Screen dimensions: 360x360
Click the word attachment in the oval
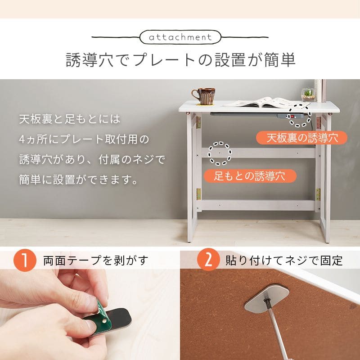pyautogui.click(x=180, y=37)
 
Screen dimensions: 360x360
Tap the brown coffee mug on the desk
pyautogui.click(x=203, y=96)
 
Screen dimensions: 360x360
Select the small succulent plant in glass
pyautogui.click(x=308, y=94)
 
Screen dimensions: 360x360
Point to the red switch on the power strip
pyautogui.click(x=292, y=117)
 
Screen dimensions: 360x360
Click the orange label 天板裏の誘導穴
pyautogui.click(x=301, y=138)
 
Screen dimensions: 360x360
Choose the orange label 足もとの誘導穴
pyautogui.click(x=250, y=176)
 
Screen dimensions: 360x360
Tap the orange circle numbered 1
pyautogui.click(x=25, y=260)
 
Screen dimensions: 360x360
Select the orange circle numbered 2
pyautogui.click(x=208, y=260)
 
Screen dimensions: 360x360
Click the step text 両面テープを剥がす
pyautogui.click(x=96, y=261)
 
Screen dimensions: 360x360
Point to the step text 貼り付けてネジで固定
pyautogui.click(x=284, y=261)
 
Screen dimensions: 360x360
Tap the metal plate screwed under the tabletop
pyautogui.click(x=266, y=298)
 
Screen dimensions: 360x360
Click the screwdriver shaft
pyautogui.click(x=275, y=328)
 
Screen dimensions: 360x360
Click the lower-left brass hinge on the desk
pyautogui.click(x=198, y=194)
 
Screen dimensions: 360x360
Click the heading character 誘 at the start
pyautogui.click(x=74, y=60)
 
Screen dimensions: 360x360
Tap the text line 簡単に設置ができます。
pyautogui.click(x=78, y=179)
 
